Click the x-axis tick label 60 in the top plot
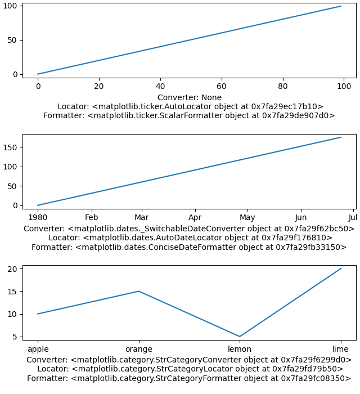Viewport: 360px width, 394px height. (x=222, y=86)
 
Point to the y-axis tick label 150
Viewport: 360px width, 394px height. (x=10, y=147)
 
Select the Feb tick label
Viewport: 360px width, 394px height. (x=91, y=217)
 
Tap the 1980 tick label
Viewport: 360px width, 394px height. (x=38, y=217)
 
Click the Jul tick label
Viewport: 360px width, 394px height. (x=353, y=217)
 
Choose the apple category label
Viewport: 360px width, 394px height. (x=38, y=350)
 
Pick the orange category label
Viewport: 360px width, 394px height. (x=139, y=350)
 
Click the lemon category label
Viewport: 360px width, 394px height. (x=240, y=349)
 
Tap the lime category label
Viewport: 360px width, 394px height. (x=340, y=349)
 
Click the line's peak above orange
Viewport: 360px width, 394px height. (x=139, y=291)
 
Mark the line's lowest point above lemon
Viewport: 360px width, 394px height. (x=240, y=337)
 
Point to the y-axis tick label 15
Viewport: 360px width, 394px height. (x=12, y=292)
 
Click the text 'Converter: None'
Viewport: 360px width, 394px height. (x=190, y=97)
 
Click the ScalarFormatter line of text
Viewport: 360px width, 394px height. (x=189, y=115)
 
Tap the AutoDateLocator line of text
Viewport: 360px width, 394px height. (x=191, y=238)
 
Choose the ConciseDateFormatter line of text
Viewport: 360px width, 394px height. (x=189, y=247)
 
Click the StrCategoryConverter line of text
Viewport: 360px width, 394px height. (x=189, y=360)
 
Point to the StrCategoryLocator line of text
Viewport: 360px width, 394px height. (x=190, y=369)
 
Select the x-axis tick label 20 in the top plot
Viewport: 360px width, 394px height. (x=99, y=86)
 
